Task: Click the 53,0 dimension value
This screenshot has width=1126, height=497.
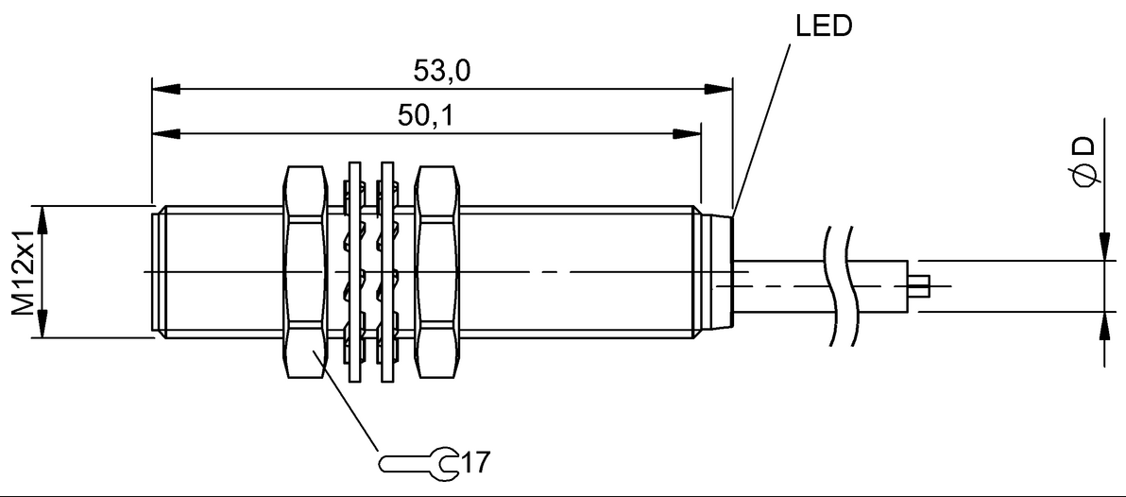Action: coord(442,71)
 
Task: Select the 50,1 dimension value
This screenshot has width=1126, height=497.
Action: coord(426,115)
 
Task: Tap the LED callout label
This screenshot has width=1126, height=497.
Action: coord(824,26)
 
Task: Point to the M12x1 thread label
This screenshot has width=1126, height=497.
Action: coord(25,272)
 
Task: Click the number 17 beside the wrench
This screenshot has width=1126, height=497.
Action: coord(475,462)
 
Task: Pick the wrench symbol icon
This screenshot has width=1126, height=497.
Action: coord(418,463)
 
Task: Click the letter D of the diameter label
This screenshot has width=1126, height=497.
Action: coord(1085,146)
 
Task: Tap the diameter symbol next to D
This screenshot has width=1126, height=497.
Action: coord(1085,176)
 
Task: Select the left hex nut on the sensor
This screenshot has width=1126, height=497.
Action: coord(306,272)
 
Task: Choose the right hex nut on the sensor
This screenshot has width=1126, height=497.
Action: coord(436,272)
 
